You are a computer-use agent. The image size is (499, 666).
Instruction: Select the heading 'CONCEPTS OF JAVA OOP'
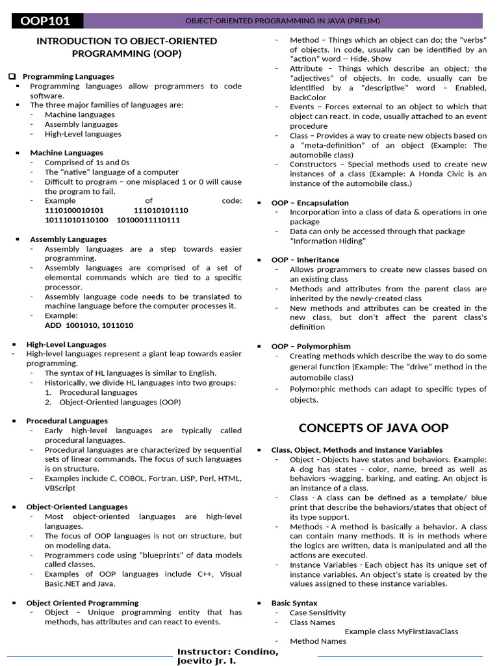pyautogui.click(x=373, y=428)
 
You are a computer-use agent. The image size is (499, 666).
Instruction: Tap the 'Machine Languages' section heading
pyautogui.click(x=66, y=153)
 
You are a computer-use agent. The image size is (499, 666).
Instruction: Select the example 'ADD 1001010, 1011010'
pyautogui.click(x=89, y=325)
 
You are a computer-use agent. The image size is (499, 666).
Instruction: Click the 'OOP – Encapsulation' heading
pyautogui.click(x=310, y=203)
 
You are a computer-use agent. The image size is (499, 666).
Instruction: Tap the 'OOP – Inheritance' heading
pyautogui.click(x=305, y=260)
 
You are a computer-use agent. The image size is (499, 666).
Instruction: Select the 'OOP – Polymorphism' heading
pyautogui.click(x=311, y=347)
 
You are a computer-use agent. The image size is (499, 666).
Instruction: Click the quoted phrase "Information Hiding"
pyautogui.click(x=328, y=241)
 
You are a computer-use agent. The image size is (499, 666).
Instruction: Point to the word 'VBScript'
pyautogui.click(x=60, y=488)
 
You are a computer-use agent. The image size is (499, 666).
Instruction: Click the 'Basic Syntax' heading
pyautogui.click(x=294, y=603)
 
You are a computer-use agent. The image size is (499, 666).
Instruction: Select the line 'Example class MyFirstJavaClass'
pyautogui.click(x=401, y=632)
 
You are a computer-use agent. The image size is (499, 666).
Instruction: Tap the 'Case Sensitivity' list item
pyautogui.click(x=318, y=613)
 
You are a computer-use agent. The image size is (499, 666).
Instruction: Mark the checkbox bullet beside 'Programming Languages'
pyautogui.click(x=12, y=77)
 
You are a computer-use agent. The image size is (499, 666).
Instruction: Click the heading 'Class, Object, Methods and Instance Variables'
pyautogui.click(x=357, y=450)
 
